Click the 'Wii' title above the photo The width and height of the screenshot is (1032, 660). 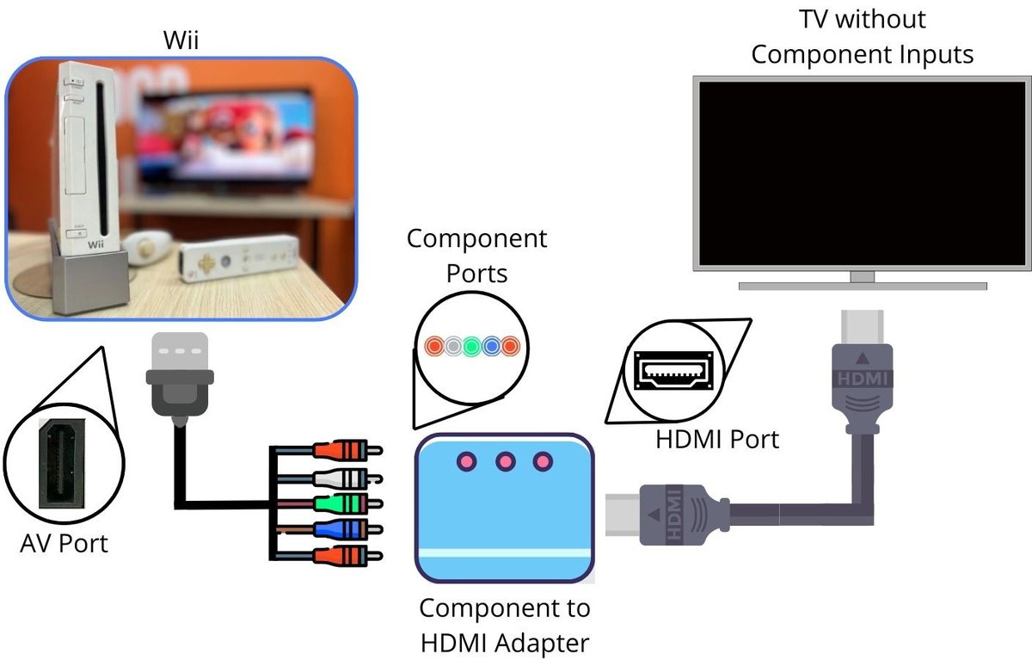(181, 40)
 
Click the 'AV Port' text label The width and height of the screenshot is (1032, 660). (64, 543)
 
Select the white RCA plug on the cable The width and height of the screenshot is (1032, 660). (344, 477)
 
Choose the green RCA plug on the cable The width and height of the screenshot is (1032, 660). (344, 503)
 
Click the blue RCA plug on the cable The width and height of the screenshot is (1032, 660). (344, 528)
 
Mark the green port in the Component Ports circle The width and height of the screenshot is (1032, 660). (471, 347)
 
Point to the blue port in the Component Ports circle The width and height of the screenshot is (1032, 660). (491, 347)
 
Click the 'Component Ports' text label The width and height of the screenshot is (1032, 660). (476, 256)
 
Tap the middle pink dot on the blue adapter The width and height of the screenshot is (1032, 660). (505, 462)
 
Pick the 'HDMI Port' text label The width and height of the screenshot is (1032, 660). (717, 439)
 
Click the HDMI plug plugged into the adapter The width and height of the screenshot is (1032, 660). (671, 515)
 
